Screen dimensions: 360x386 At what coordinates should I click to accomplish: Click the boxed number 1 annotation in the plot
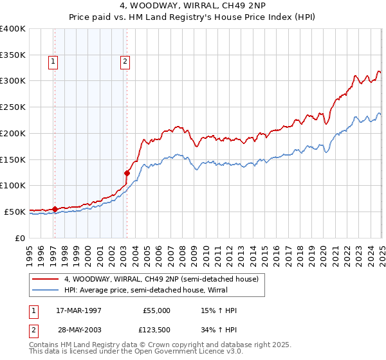click(52, 62)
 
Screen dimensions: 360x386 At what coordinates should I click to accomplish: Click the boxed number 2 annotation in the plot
click(124, 62)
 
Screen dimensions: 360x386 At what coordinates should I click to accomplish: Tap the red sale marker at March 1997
click(55, 208)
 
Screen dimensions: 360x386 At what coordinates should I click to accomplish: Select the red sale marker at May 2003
click(127, 172)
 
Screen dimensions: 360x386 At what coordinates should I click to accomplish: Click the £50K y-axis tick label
click(15, 212)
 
